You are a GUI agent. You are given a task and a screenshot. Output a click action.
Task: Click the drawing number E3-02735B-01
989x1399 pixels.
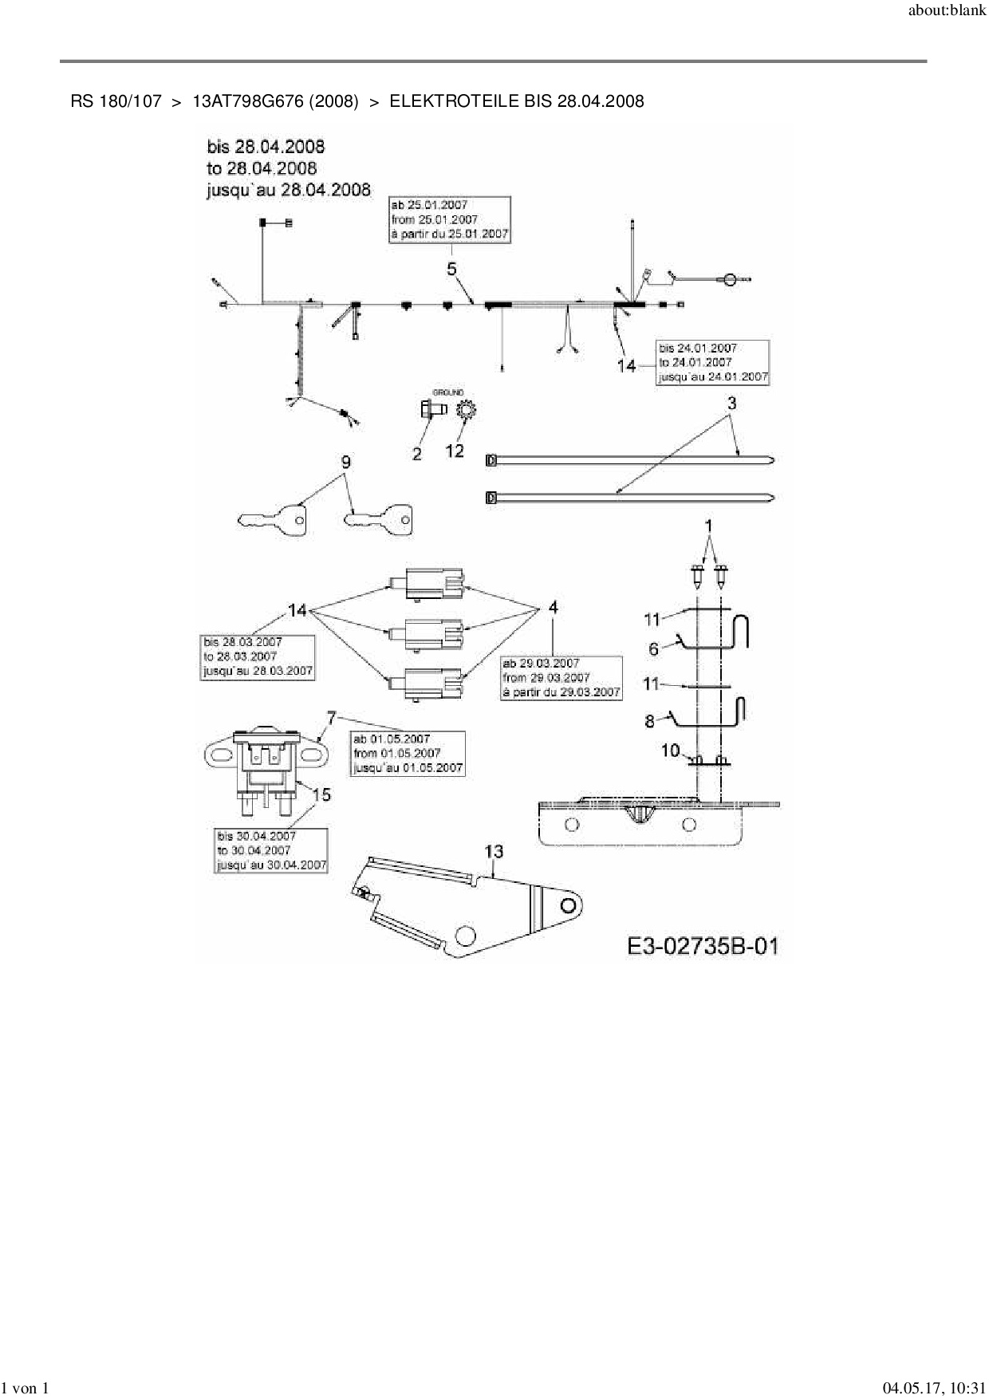702,946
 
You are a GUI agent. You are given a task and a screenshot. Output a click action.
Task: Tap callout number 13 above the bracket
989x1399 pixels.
494,851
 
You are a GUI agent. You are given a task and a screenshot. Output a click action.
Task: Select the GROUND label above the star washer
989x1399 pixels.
448,392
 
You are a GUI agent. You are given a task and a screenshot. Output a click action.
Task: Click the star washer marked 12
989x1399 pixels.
465,412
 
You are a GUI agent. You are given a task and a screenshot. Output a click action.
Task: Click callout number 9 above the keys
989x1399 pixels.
345,463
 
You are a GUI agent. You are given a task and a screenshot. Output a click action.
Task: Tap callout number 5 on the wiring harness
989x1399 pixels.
452,270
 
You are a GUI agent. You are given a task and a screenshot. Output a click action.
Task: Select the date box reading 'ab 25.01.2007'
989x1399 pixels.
450,219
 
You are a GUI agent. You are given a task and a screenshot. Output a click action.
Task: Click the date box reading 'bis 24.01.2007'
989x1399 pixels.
712,363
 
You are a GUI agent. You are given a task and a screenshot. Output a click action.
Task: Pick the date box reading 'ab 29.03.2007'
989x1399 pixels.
561,678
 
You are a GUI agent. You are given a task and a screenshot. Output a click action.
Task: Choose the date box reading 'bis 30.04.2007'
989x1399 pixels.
271,850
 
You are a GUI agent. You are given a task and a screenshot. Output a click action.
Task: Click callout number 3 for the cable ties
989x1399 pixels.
731,403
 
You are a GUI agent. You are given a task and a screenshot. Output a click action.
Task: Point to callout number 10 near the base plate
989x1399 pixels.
670,751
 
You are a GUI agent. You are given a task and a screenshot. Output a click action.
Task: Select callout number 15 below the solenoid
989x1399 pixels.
321,794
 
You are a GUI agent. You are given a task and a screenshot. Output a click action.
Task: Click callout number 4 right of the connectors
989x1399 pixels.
553,608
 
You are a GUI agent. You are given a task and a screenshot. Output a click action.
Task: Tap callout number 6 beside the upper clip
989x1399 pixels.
654,649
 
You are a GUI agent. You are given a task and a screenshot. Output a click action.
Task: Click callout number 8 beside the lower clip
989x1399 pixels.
650,721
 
